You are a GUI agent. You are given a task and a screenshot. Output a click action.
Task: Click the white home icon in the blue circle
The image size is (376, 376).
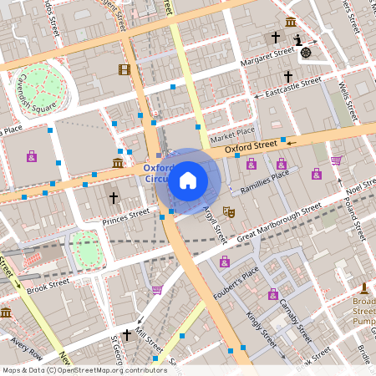(188, 180)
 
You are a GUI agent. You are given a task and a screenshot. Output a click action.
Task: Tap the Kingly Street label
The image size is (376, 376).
(262, 329)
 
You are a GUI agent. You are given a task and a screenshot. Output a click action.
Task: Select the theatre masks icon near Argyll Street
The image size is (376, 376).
(228, 213)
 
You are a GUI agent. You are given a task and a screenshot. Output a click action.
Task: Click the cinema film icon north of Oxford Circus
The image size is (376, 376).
(124, 69)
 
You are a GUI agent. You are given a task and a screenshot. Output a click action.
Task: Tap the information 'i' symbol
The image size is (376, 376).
(297, 40)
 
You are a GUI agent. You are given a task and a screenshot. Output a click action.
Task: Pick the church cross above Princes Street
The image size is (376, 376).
(114, 197)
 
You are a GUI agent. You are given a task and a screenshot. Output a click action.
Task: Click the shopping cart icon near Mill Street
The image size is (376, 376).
(157, 290)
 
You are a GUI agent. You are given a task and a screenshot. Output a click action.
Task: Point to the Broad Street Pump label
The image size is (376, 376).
(363, 311)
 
